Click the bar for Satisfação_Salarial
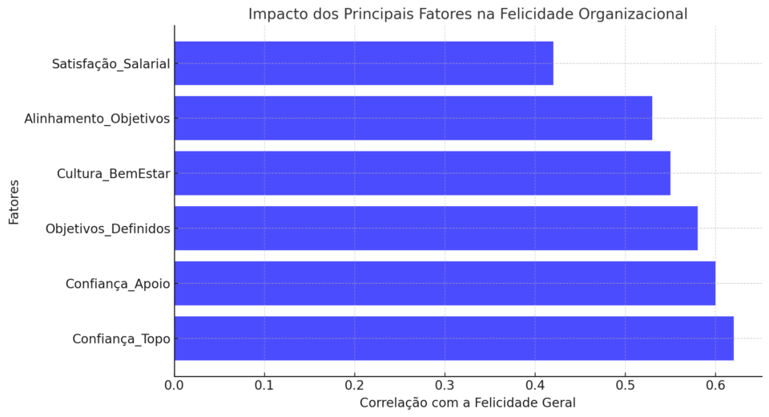coord(364,63)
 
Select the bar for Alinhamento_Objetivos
coord(413,119)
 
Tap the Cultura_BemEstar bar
coord(422,173)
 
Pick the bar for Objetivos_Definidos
coord(436,229)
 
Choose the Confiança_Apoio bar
coord(445,283)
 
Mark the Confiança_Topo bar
coord(454,338)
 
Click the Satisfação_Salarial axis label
coord(111,64)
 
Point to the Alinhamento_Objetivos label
coord(97,119)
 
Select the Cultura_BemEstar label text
coord(113,174)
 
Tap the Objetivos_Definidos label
coord(108,229)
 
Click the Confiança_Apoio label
coord(118,285)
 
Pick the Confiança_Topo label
coord(121,339)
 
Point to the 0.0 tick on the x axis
coord(174,385)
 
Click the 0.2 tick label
coord(355,385)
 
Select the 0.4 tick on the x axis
coord(535,385)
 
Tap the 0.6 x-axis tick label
coord(715,385)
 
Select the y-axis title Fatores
coord(14,202)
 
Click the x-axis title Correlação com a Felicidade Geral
coord(467,403)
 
